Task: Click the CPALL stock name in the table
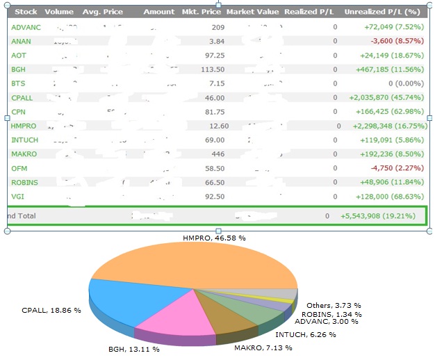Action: [22, 97]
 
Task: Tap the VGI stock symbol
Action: [17, 197]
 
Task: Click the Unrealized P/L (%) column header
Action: [384, 12]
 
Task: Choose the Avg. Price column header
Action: [101, 12]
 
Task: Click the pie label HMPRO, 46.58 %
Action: [214, 238]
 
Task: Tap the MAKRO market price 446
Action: [217, 154]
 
